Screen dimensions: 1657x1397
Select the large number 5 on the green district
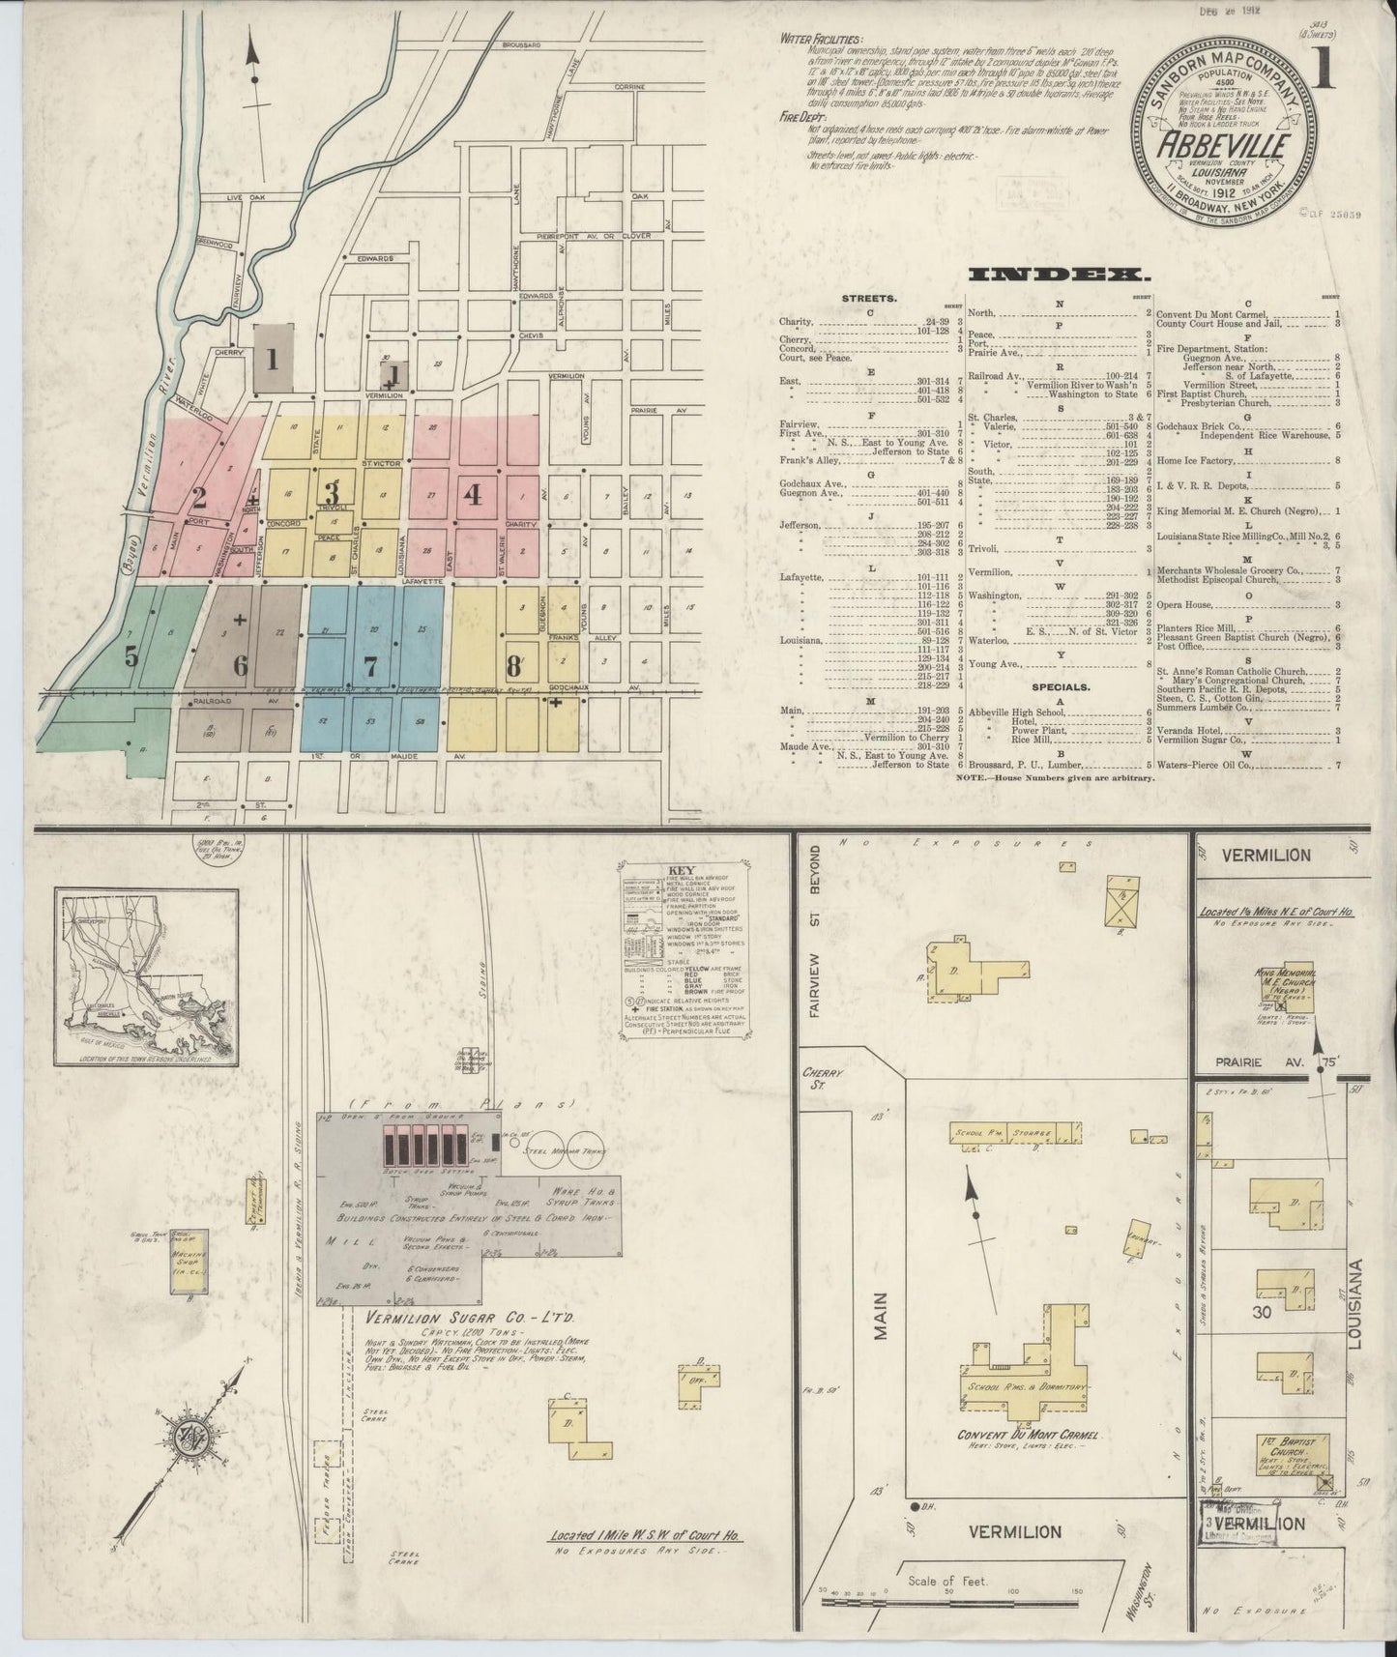point(130,656)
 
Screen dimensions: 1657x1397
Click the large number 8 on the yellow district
point(514,665)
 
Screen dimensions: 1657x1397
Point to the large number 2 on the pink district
point(198,499)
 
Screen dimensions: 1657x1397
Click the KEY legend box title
point(681,871)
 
